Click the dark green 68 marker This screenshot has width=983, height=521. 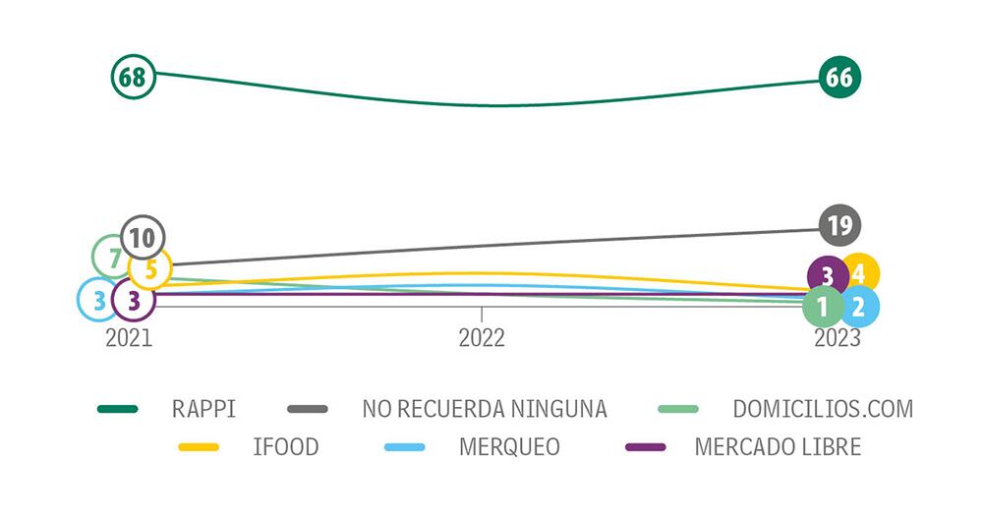tap(134, 77)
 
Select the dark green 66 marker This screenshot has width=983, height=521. tap(838, 78)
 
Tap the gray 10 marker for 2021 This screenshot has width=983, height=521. tap(143, 237)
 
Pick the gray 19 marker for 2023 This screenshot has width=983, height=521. tap(838, 225)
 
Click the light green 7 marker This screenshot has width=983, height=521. tap(113, 257)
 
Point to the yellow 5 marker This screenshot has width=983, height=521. tap(151, 266)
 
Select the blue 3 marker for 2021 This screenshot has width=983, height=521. tap(98, 299)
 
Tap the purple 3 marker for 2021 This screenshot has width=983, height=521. tap(134, 299)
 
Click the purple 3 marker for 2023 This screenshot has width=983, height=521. tap(828, 276)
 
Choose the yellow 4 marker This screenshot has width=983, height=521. tap(859, 273)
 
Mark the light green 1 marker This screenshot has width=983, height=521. tap(823, 307)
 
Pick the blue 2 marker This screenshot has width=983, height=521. tap(858, 307)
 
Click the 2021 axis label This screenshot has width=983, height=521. tap(129, 338)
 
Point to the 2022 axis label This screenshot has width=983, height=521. tap(482, 338)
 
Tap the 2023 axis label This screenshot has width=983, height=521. tap(837, 338)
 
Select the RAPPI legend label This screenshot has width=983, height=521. tap(203, 409)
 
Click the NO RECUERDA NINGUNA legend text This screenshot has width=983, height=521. tap(485, 409)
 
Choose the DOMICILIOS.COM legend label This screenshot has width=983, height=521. tap(823, 409)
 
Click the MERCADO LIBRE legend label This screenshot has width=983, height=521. tap(778, 447)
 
